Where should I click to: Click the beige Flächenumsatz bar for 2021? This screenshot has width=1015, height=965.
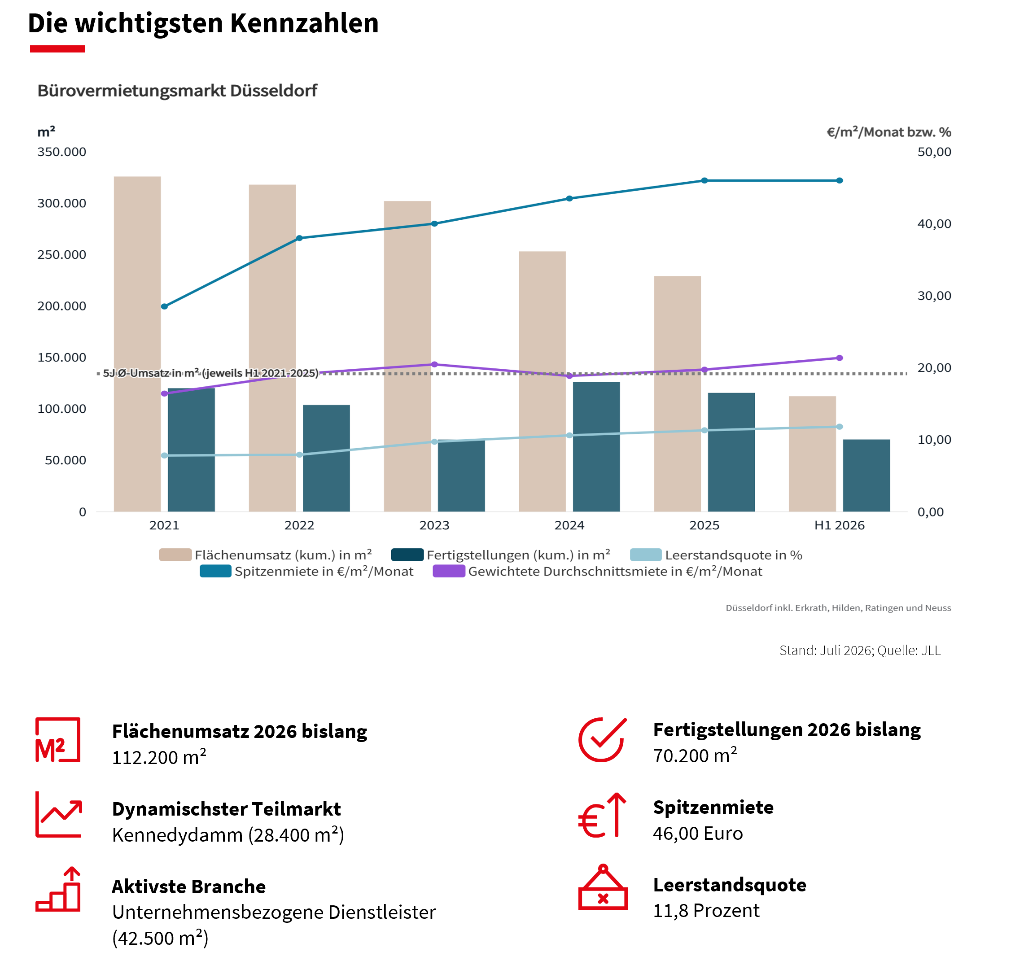pos(137,344)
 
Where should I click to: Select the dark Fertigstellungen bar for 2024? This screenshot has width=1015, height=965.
pos(596,446)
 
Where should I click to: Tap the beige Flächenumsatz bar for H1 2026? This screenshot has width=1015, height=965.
pos(812,454)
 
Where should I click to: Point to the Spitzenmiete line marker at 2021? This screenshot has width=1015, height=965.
pos(164,306)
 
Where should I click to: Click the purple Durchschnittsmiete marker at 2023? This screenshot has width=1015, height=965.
pos(434,364)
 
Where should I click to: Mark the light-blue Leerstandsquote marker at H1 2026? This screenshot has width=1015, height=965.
pos(839,427)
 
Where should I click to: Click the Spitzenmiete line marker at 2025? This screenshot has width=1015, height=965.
pos(704,180)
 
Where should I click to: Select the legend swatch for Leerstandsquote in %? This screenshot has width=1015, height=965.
pos(645,555)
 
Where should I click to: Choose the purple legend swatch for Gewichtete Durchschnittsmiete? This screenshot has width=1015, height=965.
pos(449,571)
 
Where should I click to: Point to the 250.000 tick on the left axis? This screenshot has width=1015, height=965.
pos(62,255)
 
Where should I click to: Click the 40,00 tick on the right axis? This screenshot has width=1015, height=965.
pos(934,224)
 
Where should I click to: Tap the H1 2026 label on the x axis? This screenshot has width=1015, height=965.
pos(839,525)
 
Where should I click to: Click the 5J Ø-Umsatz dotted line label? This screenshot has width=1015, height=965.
pos(210,373)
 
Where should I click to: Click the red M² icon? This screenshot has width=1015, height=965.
pos(57,740)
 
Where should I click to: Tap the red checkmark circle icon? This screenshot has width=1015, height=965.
pos(602,740)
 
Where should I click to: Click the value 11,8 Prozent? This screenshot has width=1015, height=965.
pos(705,910)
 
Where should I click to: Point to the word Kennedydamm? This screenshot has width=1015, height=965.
pos(177,835)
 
